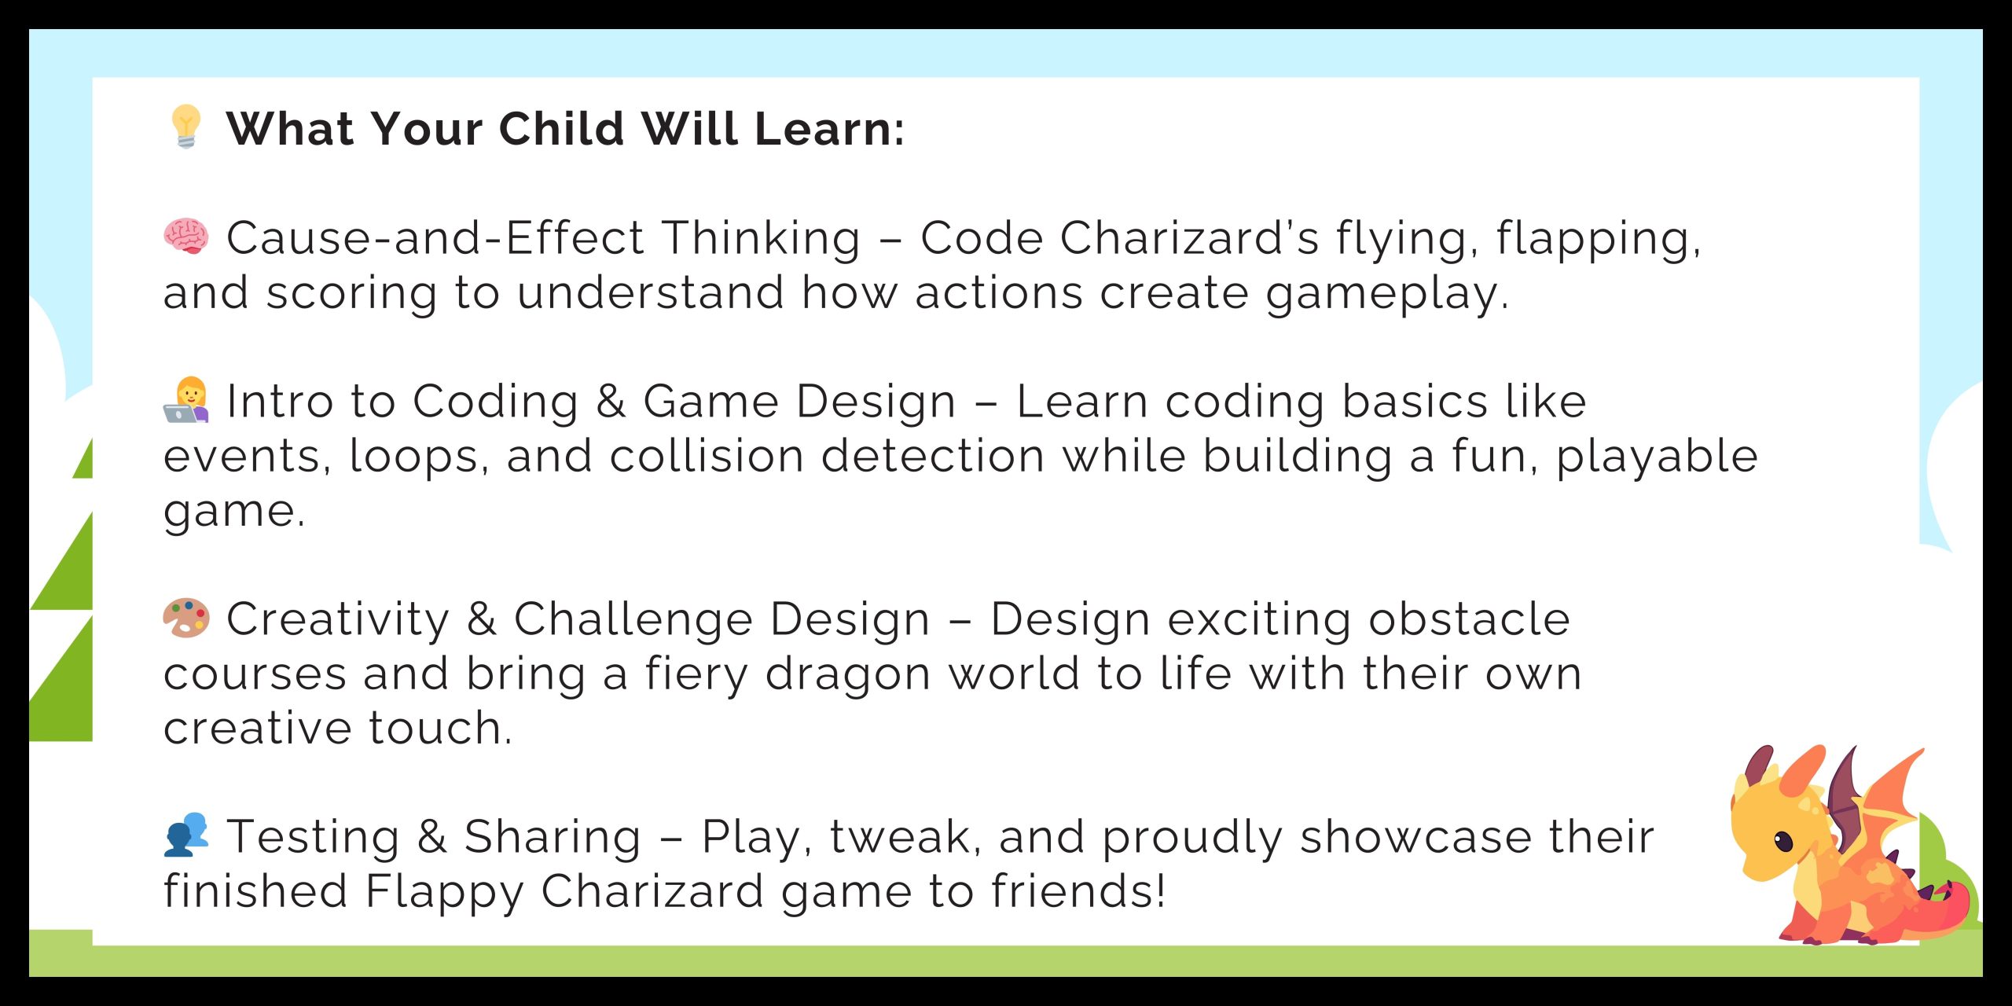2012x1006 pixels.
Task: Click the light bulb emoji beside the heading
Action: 186,127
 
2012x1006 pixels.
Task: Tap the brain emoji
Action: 186,237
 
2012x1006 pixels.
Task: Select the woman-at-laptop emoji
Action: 186,400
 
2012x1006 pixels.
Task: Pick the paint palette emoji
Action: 186,618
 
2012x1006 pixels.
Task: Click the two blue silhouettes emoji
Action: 186,835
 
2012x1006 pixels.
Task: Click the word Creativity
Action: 338,621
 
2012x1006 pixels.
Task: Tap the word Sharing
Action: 553,838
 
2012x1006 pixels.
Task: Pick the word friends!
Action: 1078,891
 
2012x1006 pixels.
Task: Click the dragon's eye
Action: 1784,842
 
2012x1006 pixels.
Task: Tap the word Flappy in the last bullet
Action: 444,894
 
